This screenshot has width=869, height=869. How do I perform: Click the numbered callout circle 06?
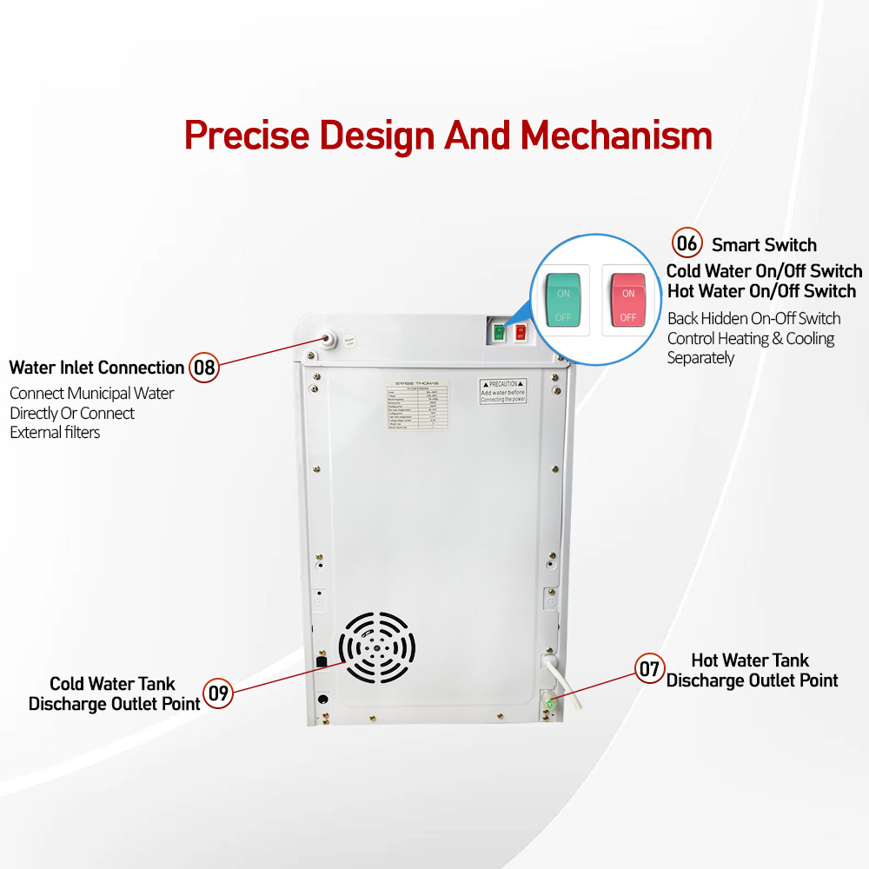point(687,242)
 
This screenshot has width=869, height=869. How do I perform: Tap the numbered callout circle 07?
point(650,668)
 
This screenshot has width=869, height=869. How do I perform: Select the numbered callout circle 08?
point(204,368)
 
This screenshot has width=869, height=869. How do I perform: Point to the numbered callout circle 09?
point(219,693)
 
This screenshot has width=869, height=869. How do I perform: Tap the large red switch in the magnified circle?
point(628,301)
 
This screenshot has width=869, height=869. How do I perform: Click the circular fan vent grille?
point(376,647)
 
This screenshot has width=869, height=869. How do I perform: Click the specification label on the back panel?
point(417,419)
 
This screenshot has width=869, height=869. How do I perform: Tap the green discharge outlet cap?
point(550,702)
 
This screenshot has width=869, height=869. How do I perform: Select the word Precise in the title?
point(248,136)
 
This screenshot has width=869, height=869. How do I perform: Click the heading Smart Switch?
point(764,245)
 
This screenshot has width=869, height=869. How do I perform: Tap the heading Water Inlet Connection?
point(96,368)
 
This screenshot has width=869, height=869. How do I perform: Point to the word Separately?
point(700,358)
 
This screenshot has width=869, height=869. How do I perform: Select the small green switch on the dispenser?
point(499,332)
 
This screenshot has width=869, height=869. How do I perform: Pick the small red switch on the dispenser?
point(521,332)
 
